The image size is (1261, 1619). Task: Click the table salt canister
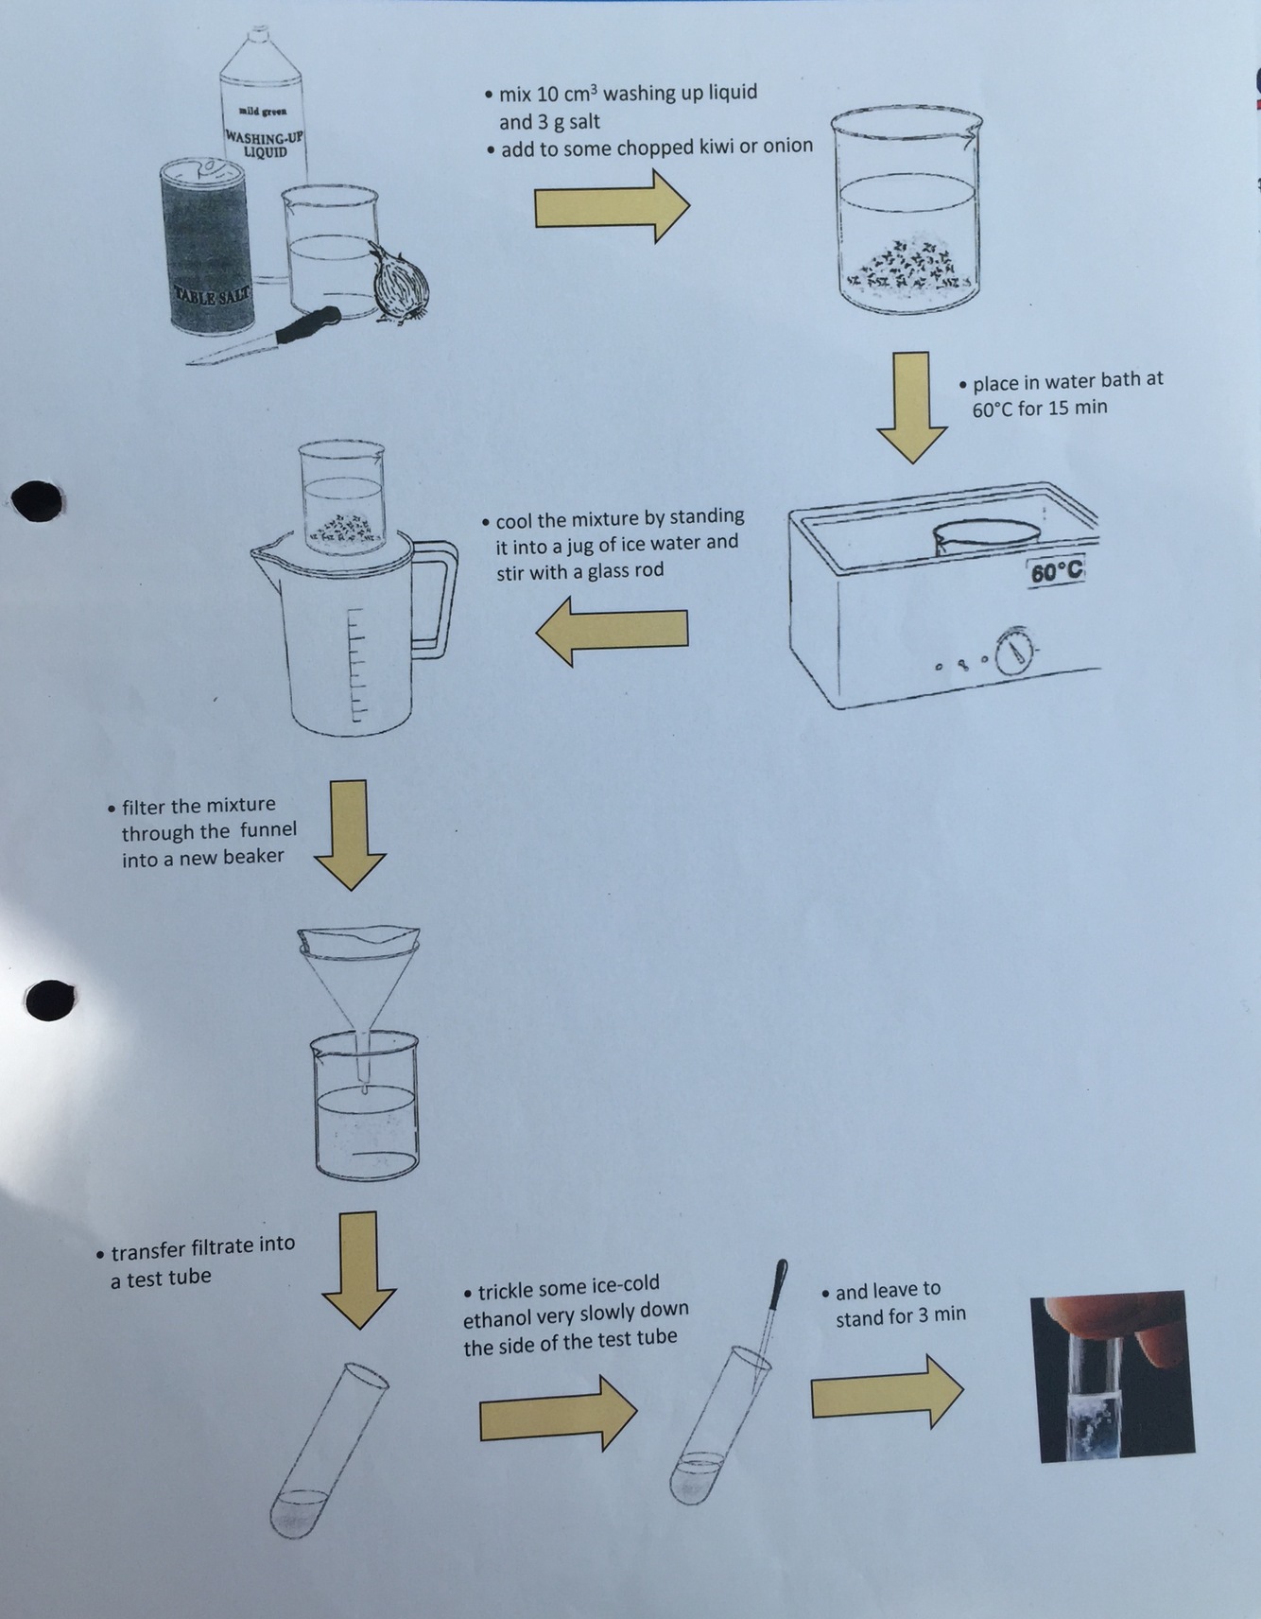pos(206,245)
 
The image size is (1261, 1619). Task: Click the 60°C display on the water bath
pos(1056,572)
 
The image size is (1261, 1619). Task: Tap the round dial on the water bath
pos(1015,650)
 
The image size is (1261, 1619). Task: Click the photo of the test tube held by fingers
pos(1112,1376)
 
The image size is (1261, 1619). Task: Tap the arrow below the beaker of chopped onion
pos(911,408)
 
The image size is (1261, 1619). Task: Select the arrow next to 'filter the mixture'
pos(350,834)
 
